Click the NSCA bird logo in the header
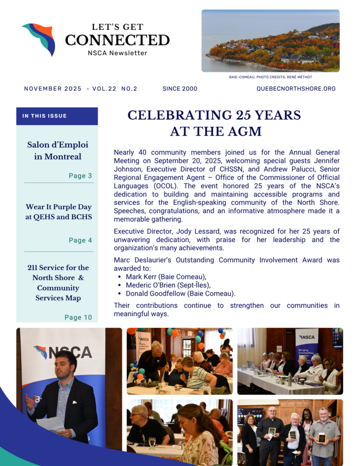click(39, 39)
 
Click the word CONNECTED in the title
click(117, 40)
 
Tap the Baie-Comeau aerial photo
click(270, 41)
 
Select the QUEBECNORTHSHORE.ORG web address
click(296, 89)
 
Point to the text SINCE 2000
click(180, 89)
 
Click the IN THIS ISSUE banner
click(57, 116)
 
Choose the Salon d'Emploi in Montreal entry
click(58, 151)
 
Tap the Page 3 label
click(80, 176)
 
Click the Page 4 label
click(80, 240)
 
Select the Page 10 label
click(78, 318)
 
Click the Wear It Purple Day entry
click(58, 212)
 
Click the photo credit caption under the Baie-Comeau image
click(270, 77)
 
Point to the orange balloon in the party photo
click(175, 333)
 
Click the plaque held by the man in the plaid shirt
click(321, 437)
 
